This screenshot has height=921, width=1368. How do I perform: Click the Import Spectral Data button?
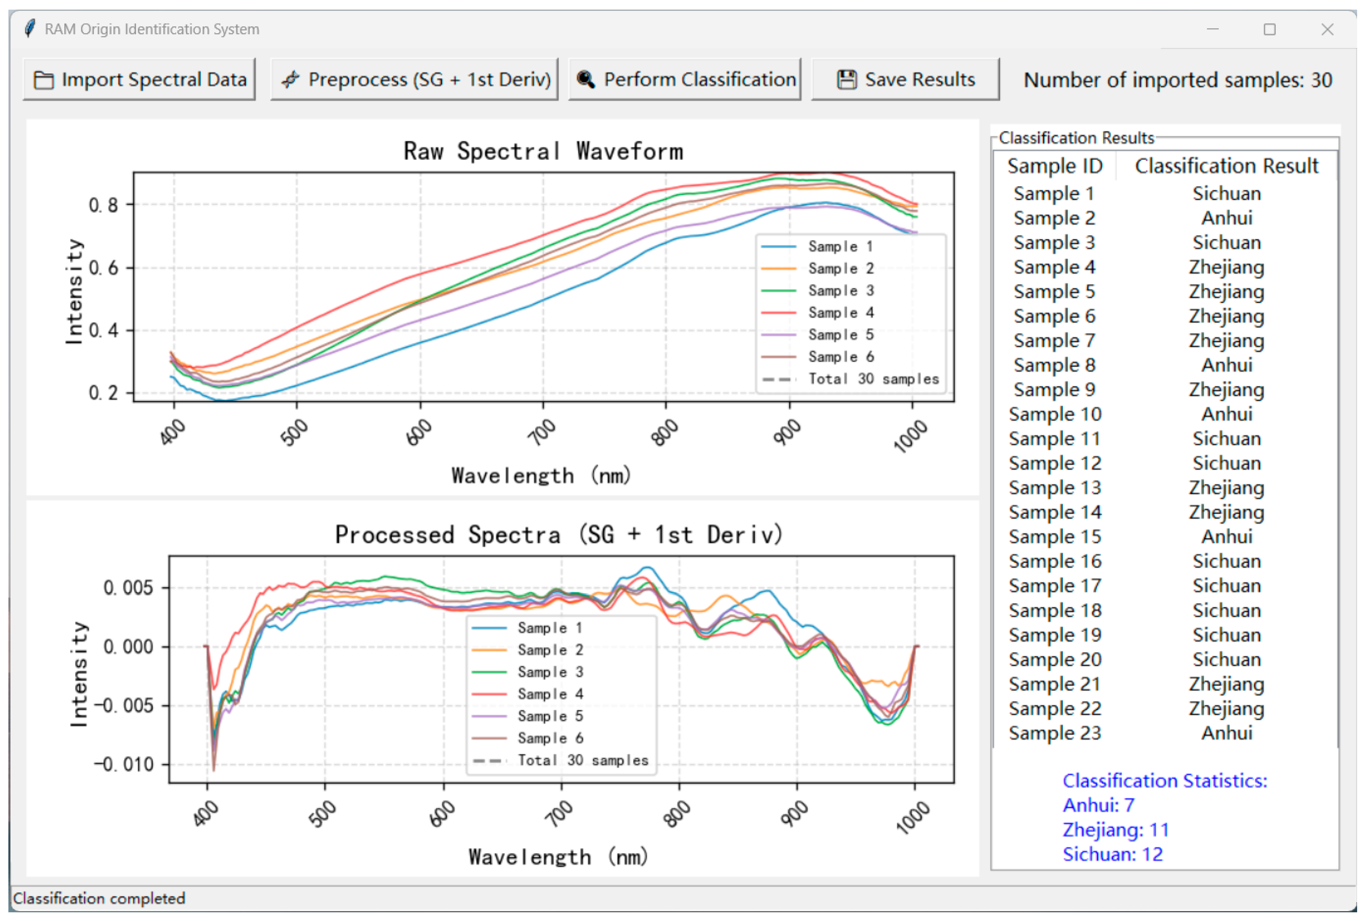point(139,79)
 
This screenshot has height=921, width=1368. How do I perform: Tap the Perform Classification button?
point(685,79)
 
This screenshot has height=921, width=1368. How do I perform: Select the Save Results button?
point(905,79)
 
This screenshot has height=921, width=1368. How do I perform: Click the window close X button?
point(1327,29)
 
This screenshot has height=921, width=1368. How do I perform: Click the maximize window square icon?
point(1269,29)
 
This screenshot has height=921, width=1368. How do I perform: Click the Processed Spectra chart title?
point(559,534)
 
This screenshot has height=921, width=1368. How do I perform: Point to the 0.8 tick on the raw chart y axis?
point(103,205)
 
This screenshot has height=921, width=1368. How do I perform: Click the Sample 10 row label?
point(1055,414)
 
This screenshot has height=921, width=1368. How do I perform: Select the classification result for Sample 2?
point(1226,218)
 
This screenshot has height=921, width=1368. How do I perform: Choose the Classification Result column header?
point(1226,166)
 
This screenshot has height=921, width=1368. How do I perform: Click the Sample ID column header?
point(1055,166)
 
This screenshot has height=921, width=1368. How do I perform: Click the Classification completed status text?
point(99,898)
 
